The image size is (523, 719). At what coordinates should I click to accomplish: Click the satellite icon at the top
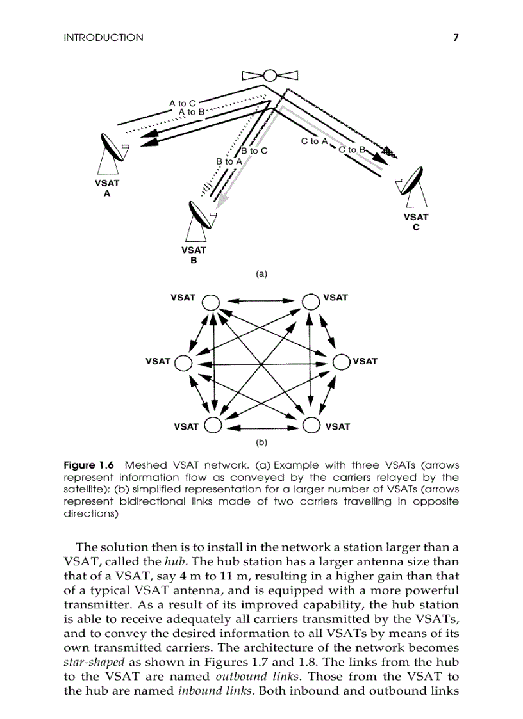click(x=270, y=76)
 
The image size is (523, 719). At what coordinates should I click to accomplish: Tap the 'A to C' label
click(x=182, y=102)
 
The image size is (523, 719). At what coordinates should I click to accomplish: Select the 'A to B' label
click(x=191, y=112)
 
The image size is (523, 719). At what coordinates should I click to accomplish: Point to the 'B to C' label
click(x=254, y=151)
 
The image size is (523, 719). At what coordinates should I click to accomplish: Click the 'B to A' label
click(x=229, y=161)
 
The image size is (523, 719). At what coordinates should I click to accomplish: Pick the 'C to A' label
click(x=314, y=141)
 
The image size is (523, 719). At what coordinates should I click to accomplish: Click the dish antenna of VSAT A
click(x=115, y=149)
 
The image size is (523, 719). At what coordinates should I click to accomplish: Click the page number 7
click(x=456, y=38)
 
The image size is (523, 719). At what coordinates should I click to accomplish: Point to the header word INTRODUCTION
click(x=103, y=38)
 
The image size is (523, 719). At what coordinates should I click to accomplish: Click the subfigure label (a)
click(x=261, y=273)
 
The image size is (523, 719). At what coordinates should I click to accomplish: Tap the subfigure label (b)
click(x=261, y=442)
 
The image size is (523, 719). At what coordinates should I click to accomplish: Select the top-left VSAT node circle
click(x=212, y=302)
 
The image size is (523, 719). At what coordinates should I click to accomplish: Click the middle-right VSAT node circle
click(x=341, y=362)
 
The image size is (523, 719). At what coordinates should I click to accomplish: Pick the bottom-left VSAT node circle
click(x=213, y=425)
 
